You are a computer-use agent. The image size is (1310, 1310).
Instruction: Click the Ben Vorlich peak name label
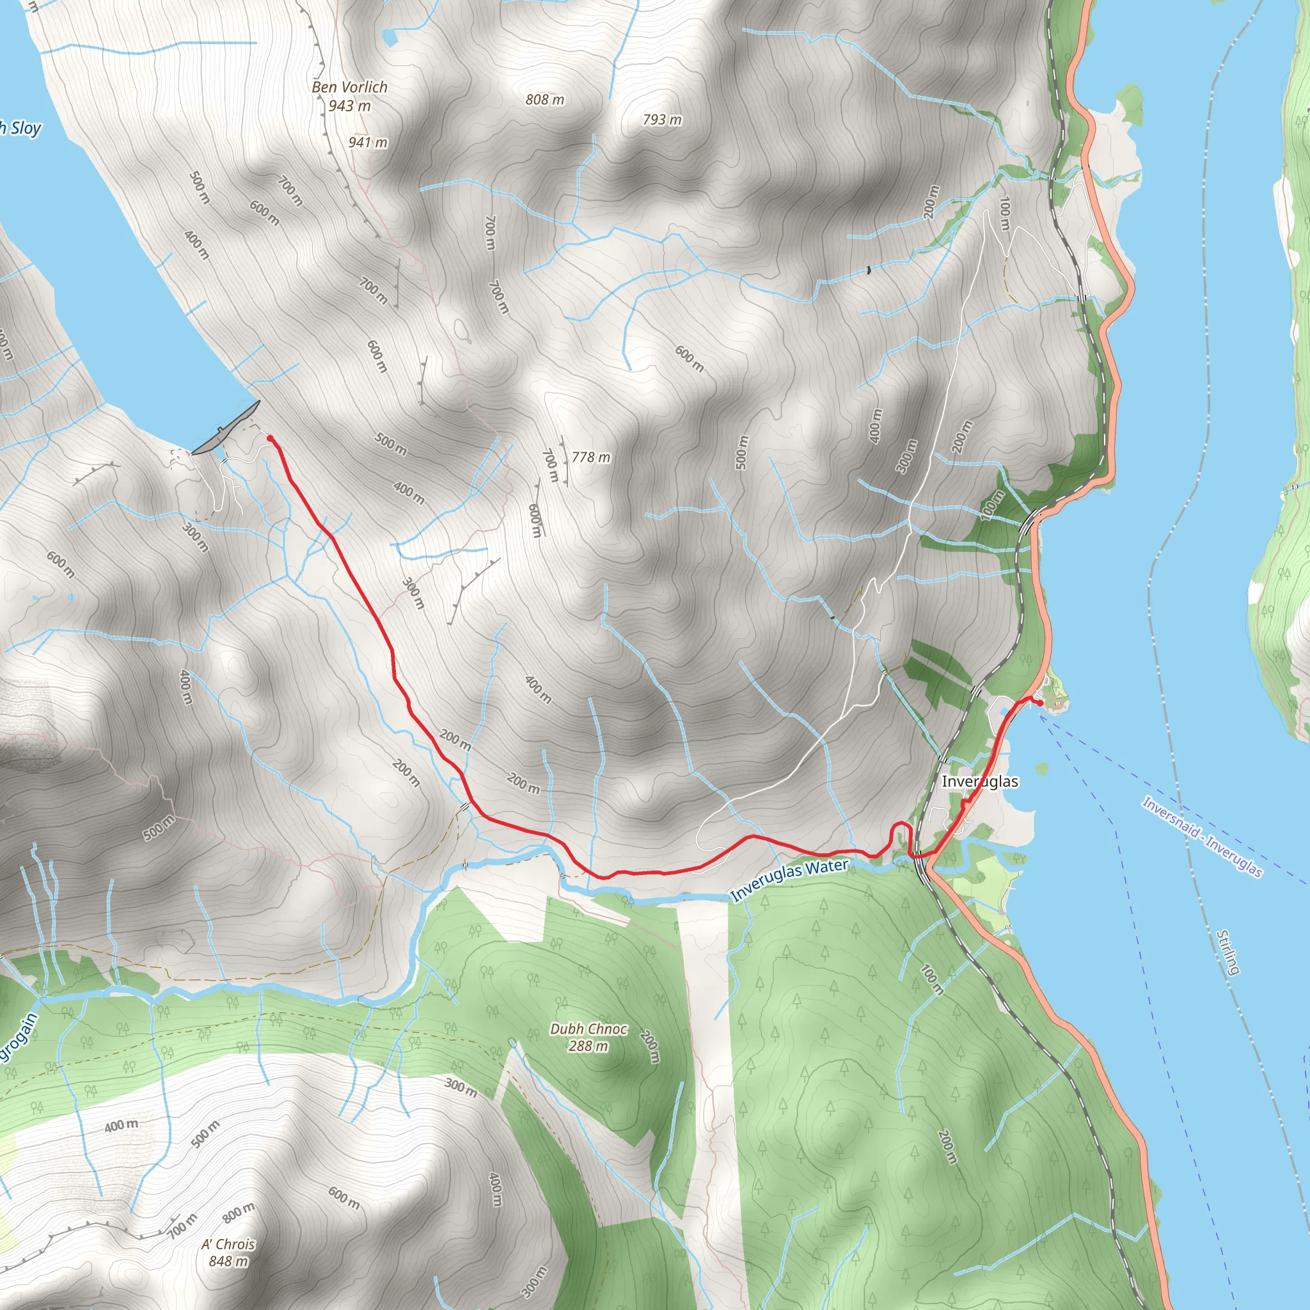(x=349, y=87)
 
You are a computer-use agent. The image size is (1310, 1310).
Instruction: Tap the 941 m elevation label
(x=368, y=143)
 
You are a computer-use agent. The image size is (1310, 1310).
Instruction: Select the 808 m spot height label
(x=544, y=100)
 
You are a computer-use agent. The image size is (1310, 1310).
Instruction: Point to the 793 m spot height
(x=662, y=120)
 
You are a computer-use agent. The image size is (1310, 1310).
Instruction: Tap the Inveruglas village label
(x=980, y=781)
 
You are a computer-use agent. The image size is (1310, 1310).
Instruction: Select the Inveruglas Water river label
(x=790, y=880)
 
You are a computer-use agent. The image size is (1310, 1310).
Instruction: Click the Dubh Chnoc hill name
(x=588, y=1029)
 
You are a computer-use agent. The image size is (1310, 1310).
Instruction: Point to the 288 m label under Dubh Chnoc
(x=588, y=1046)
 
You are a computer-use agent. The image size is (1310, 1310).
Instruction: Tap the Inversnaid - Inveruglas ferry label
(x=1201, y=837)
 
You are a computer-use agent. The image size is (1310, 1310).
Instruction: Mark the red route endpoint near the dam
(x=270, y=439)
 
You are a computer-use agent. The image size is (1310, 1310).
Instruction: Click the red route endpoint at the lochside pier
(x=1041, y=702)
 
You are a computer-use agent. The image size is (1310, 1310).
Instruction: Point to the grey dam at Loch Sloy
(x=226, y=427)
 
